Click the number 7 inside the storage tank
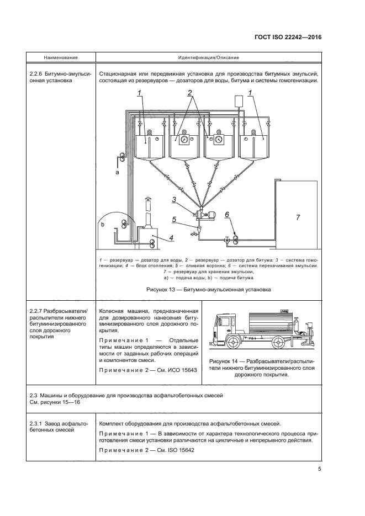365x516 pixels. click(298, 217)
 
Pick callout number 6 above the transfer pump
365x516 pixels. click(226, 215)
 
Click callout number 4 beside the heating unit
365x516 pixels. click(171, 238)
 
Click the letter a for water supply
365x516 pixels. click(117, 172)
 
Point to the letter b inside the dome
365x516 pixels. click(102, 226)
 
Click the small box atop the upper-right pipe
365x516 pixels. click(239, 100)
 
